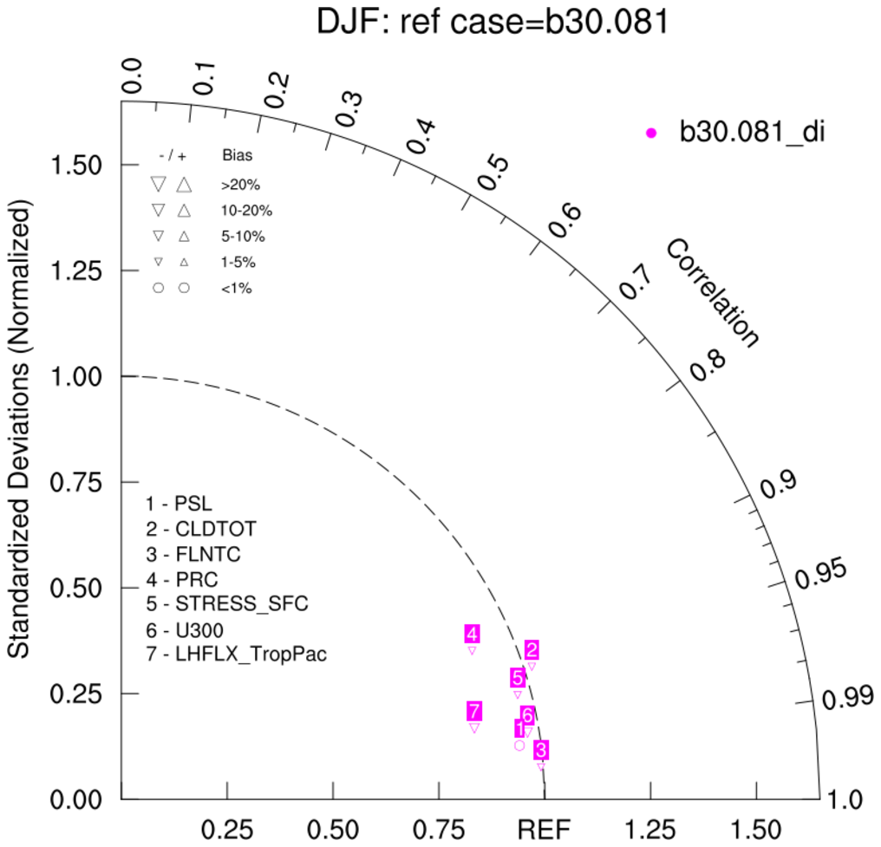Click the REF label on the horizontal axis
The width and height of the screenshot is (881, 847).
[545, 830]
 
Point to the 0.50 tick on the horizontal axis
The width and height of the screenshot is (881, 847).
[333, 830]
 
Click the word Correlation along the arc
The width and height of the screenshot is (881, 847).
[712, 294]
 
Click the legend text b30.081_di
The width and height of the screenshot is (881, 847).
[751, 133]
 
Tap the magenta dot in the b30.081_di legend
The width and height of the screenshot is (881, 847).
[652, 133]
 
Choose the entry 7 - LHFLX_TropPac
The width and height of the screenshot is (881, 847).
[237, 655]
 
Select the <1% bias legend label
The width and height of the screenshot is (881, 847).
[237, 288]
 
